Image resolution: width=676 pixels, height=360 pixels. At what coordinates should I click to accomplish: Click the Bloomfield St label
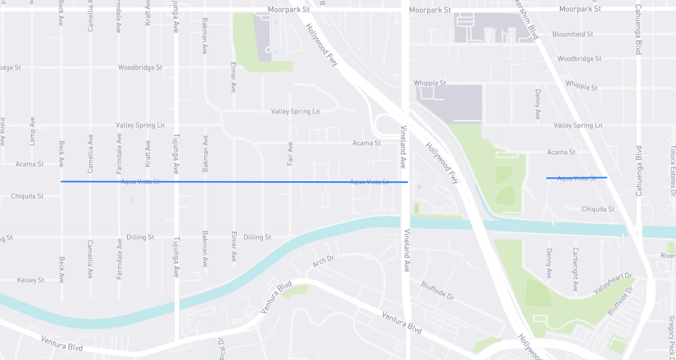[572, 35]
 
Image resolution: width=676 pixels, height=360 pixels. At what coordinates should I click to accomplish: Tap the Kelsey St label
[31, 280]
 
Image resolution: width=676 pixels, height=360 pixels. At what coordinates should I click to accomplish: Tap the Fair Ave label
[290, 153]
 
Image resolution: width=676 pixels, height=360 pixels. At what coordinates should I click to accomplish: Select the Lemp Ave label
[32, 131]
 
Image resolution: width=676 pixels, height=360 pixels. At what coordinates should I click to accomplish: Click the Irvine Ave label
[3, 131]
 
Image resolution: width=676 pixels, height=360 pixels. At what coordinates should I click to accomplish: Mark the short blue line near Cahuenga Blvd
[576, 178]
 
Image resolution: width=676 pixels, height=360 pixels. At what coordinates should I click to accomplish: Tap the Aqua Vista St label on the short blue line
[576, 178]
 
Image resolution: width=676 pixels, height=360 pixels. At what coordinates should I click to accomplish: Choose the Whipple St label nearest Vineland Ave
[430, 83]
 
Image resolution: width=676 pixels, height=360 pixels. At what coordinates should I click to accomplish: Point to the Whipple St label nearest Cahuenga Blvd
[582, 85]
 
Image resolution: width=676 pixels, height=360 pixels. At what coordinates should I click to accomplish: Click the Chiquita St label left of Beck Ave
[27, 196]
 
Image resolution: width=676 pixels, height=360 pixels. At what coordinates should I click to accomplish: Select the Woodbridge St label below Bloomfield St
[579, 59]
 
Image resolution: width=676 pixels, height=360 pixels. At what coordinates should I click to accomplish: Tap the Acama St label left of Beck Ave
[29, 164]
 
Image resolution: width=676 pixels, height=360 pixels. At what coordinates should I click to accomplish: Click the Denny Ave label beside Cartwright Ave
[549, 263]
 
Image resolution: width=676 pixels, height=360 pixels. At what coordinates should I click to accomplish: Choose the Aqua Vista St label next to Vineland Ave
[369, 182]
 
